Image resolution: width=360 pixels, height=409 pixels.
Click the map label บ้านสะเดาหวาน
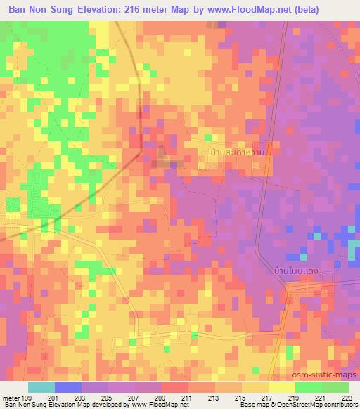[235, 151]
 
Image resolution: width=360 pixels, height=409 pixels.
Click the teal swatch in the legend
[41, 387]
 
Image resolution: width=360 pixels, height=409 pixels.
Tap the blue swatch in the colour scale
[67, 387]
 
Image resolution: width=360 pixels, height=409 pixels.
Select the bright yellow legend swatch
[281, 387]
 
